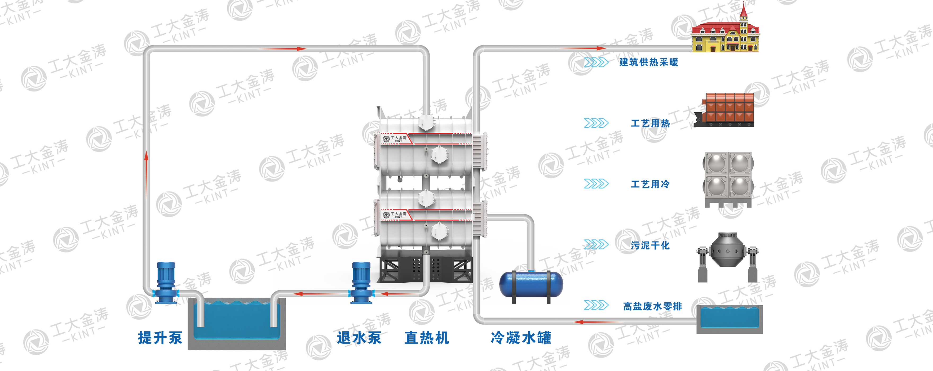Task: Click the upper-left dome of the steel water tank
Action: pyautogui.click(x=716, y=163)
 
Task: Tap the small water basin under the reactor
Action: pyautogui.click(x=729, y=318)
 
